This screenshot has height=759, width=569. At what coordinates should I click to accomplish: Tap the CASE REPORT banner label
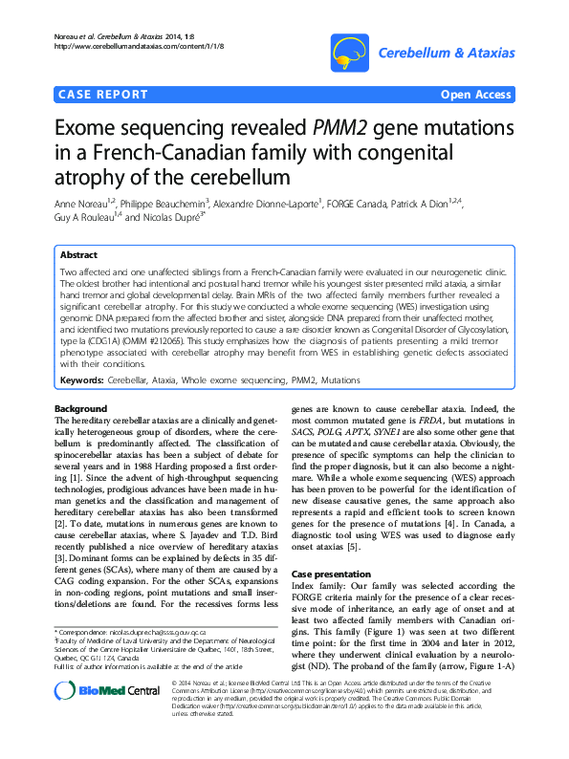[x=104, y=95]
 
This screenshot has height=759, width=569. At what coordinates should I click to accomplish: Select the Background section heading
[x=81, y=409]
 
